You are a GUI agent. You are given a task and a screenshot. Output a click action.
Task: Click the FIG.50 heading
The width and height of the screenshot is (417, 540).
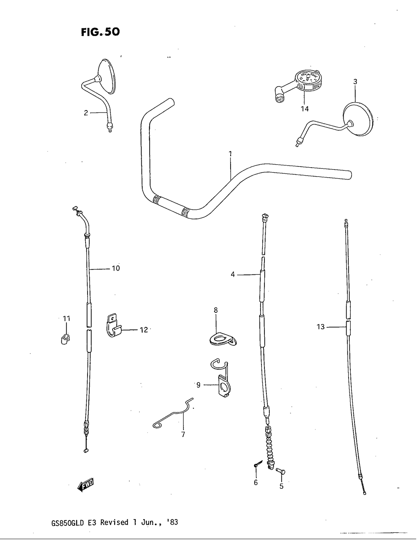click(100, 32)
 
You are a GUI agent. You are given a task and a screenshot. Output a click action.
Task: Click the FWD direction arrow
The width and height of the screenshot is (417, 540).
click(86, 485)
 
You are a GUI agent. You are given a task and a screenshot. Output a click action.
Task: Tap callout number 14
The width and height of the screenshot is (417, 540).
click(304, 109)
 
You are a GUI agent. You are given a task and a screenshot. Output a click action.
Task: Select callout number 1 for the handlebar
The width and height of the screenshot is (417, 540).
click(230, 154)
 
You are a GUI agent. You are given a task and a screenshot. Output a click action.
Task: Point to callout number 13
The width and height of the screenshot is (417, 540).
click(320, 327)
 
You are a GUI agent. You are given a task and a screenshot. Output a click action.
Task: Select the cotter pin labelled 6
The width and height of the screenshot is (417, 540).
click(257, 465)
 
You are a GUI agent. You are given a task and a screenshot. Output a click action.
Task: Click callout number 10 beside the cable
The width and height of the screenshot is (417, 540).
click(116, 269)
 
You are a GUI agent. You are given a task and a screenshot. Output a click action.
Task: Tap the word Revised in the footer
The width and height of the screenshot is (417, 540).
click(114, 522)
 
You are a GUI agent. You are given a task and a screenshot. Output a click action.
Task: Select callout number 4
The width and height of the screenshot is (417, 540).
click(233, 274)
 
